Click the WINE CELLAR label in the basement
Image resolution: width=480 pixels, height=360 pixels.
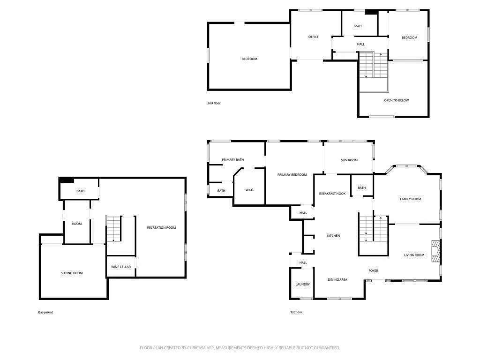click(x=120, y=267)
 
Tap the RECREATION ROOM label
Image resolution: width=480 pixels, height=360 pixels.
click(x=161, y=228)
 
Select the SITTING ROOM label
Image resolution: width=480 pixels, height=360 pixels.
click(x=72, y=273)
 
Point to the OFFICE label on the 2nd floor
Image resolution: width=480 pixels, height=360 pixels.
click(x=313, y=37)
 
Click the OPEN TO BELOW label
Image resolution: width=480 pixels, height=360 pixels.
click(x=397, y=100)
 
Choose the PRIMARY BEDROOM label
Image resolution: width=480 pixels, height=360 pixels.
click(x=292, y=175)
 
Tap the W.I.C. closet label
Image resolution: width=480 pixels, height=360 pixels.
click(x=249, y=190)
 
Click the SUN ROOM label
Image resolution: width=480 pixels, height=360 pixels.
click(x=349, y=160)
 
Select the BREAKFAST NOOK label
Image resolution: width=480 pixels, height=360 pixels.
click(x=332, y=194)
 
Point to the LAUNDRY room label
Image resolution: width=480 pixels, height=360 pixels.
click(x=302, y=285)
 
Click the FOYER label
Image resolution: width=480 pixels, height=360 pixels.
click(x=373, y=270)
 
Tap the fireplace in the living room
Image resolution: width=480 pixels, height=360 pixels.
click(x=436, y=252)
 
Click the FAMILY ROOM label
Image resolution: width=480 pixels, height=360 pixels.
click(x=410, y=199)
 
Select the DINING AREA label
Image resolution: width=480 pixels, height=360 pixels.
click(x=337, y=280)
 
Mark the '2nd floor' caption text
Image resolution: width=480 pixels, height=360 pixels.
click(x=214, y=103)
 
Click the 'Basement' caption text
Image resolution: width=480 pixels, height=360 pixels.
click(x=45, y=312)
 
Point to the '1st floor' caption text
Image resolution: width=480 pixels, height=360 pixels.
click(x=296, y=312)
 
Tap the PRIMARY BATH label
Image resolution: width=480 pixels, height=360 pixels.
click(x=233, y=160)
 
